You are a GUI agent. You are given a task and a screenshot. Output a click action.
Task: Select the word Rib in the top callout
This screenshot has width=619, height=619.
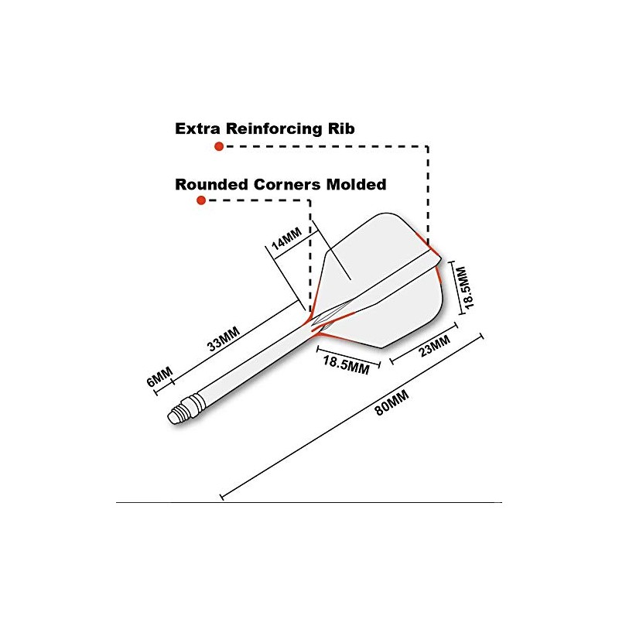[x=340, y=128]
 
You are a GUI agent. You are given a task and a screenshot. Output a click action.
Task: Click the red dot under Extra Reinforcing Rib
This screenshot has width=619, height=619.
[x=219, y=145]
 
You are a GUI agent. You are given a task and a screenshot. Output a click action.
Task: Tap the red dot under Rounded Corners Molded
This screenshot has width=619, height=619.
[x=200, y=200]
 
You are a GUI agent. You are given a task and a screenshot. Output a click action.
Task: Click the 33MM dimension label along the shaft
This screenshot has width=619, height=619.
[x=224, y=340]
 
